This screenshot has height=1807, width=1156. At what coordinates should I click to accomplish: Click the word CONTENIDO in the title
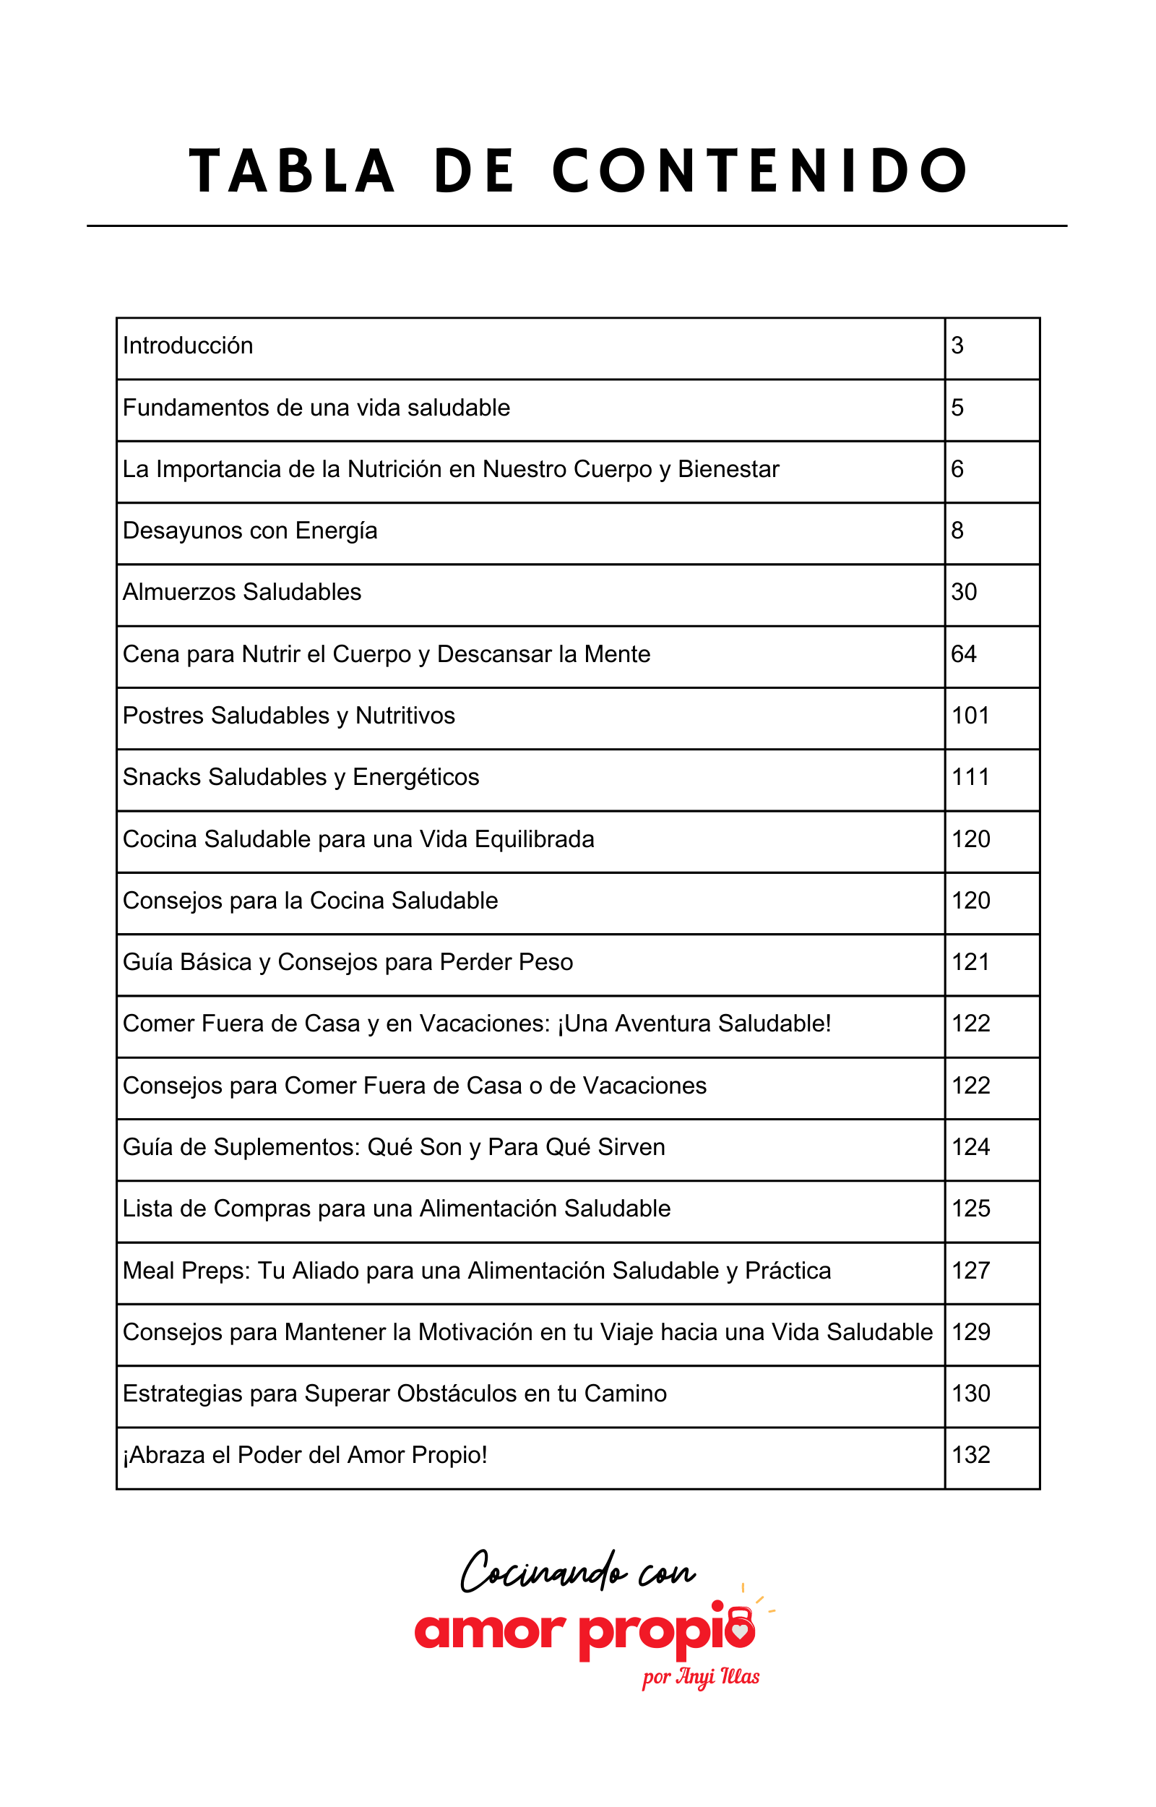point(760,171)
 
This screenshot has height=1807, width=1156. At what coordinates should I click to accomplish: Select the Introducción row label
point(188,346)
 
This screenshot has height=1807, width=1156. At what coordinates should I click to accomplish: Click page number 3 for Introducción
point(957,346)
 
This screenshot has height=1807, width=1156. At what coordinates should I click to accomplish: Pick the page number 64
point(963,655)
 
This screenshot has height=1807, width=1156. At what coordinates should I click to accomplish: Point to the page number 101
point(970,716)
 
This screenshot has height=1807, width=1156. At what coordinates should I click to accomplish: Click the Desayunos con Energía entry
point(250,531)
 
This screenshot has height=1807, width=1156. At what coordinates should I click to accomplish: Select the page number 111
point(970,778)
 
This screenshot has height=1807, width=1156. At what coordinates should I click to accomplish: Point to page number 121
point(970,963)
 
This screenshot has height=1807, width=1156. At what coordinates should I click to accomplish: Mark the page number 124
point(970,1147)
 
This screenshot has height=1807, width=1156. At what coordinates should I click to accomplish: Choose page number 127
point(970,1271)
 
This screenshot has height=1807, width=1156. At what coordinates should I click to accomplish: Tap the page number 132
point(970,1456)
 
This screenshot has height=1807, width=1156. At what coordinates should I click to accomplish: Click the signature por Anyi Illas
point(700,1677)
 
